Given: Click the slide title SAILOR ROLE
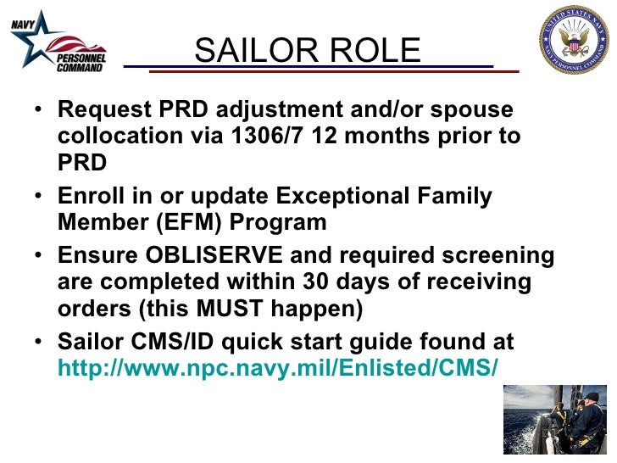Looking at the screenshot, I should point(307,51).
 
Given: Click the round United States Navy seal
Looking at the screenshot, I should point(574,40).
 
